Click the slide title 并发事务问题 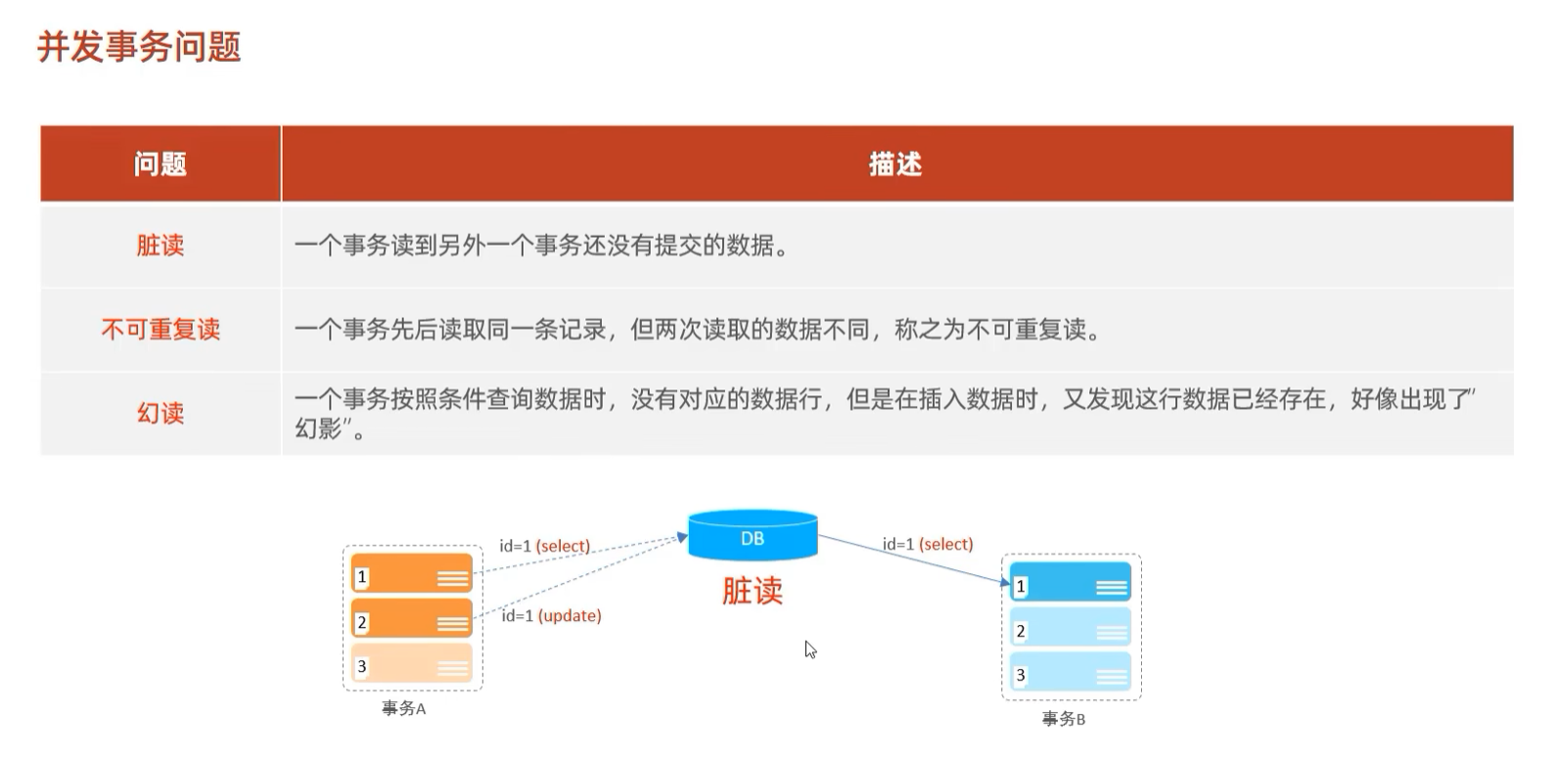pos(139,47)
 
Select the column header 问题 pos(160,164)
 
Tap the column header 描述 pos(895,164)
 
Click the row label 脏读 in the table pos(160,246)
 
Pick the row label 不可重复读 pos(160,330)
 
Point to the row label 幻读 pos(160,413)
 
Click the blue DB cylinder pos(753,536)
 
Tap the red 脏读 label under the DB pos(753,591)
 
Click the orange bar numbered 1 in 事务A pos(412,574)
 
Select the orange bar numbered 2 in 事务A pos(412,619)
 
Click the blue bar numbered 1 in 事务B pos(1071,583)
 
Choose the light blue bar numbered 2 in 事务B pos(1071,628)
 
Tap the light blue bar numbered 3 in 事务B pos(1071,672)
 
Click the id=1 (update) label pos(552,616)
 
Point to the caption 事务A pos(403,708)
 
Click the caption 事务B pos(1064,719)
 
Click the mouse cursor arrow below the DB pos(810,649)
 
